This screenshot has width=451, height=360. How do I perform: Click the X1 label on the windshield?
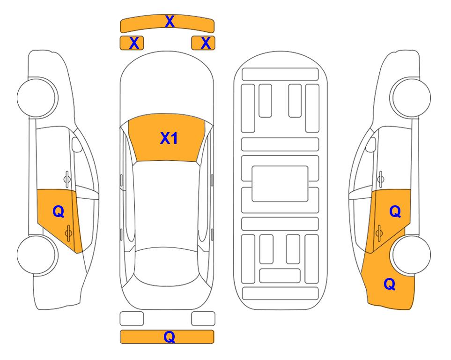click(169, 138)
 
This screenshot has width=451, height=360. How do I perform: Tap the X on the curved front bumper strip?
click(170, 22)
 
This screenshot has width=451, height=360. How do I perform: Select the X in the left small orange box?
click(134, 43)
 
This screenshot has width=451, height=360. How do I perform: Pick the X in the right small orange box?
click(206, 43)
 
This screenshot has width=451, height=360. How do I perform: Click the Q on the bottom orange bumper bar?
click(170, 337)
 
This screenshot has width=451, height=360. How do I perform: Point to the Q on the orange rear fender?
click(390, 284)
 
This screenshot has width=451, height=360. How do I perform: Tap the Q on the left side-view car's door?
click(59, 212)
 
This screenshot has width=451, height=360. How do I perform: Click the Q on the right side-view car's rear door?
click(395, 212)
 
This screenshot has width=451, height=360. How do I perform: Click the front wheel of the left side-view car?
click(37, 97)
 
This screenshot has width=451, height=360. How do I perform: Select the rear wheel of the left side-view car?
click(37, 255)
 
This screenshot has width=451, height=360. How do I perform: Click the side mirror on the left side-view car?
click(77, 144)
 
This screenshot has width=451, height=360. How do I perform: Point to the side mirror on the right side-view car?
click(371, 144)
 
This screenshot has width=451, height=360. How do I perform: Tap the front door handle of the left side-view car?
click(67, 179)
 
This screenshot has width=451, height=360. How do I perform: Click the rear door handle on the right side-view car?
click(379, 233)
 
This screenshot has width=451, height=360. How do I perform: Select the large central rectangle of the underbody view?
click(280, 184)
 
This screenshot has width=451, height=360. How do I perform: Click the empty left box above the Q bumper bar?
click(132, 319)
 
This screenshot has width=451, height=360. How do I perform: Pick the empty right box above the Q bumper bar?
click(203, 319)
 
